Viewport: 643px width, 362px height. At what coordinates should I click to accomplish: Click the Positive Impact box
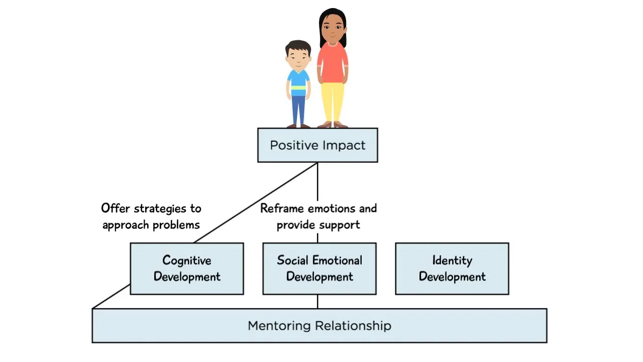pos(317,145)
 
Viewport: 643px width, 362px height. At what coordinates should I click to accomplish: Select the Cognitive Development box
pos(187,268)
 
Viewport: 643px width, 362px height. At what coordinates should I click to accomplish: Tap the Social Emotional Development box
pos(319,268)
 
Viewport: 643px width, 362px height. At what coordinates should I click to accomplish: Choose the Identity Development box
pos(452,268)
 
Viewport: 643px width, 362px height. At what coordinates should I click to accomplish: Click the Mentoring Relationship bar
pos(319,326)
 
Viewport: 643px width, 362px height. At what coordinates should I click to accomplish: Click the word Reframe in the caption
pos(282,208)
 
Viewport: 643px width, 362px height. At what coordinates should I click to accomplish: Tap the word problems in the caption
pos(176,224)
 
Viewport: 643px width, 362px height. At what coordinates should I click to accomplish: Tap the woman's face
pos(333,28)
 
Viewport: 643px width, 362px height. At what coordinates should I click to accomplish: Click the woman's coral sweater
pos(332,63)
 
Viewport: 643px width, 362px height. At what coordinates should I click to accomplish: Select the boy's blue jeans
pos(298,108)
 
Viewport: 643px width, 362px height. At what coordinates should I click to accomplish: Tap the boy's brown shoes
pos(298,126)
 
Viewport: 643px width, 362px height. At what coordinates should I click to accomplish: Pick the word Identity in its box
pos(452,260)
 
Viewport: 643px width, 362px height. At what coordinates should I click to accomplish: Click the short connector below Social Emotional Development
pos(317,301)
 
